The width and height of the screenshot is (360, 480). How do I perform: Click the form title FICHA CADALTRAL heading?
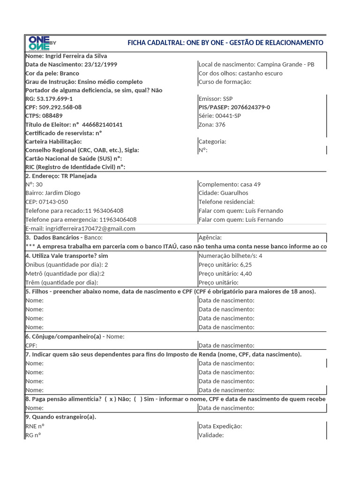(225, 43)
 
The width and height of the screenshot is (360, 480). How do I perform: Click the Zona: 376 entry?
(212, 125)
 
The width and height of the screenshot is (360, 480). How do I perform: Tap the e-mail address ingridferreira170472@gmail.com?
(90, 229)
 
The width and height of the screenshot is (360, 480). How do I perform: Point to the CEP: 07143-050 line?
(46, 202)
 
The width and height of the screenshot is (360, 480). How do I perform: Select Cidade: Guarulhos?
(223, 193)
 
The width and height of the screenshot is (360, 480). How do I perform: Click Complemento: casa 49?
(230, 185)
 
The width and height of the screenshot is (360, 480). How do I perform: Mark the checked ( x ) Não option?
(113, 399)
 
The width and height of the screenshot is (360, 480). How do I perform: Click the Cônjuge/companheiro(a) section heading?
(63, 337)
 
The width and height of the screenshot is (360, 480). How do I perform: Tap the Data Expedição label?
(220, 426)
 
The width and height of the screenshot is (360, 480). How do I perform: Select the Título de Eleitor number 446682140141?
(102, 125)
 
